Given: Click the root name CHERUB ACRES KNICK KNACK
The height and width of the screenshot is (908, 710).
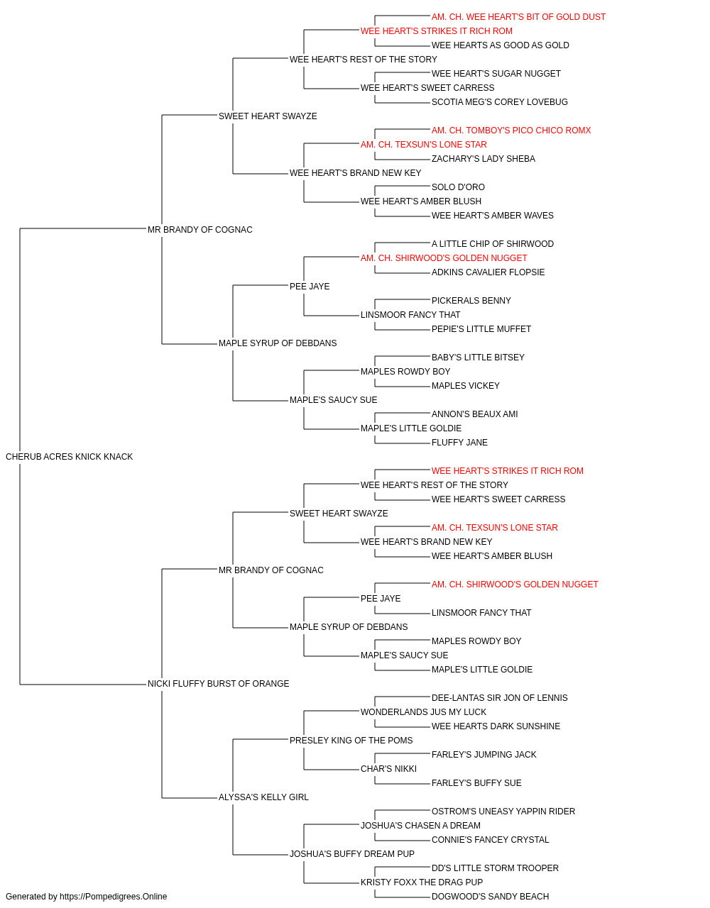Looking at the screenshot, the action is coord(69,457).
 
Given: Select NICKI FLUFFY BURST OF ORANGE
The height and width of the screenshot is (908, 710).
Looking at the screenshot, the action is coord(218,684).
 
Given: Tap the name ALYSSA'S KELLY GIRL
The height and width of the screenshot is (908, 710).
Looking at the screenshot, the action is coord(263,797).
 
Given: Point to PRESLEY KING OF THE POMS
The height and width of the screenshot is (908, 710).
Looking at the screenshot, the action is coord(351,741).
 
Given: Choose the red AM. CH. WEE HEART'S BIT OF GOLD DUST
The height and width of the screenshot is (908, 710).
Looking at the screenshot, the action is coord(518,17).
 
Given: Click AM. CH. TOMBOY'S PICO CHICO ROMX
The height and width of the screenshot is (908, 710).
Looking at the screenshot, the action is coord(511,131).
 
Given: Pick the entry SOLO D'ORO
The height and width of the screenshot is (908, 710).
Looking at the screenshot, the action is coord(458,187).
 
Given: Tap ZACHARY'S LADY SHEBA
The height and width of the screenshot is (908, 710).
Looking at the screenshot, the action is coord(484,159).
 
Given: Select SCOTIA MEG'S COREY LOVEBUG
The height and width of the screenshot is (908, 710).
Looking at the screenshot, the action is coord(500,102).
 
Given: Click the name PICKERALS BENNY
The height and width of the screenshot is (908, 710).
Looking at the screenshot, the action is coord(471,301).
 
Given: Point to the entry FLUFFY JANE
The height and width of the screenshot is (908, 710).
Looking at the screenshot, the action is coord(459,443).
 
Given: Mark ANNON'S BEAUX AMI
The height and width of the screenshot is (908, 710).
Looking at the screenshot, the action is coord(474,414).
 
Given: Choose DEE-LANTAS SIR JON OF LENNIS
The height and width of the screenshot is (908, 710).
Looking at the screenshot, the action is coord(500,698).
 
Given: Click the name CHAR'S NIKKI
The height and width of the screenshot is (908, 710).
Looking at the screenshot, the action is coord(388,769).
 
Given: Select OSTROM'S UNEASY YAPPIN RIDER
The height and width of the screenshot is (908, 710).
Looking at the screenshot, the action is coord(503,812).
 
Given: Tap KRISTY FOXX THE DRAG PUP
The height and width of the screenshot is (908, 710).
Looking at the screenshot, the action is coord(422,882).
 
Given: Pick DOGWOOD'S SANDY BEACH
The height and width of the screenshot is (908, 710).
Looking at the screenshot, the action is coord(490,897).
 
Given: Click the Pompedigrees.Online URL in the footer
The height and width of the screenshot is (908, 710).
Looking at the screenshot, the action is coord(114,897).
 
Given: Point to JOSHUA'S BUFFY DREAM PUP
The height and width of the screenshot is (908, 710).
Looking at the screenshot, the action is coord(352,854).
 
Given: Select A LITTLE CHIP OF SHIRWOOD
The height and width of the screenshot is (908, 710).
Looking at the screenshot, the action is coord(493,244).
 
